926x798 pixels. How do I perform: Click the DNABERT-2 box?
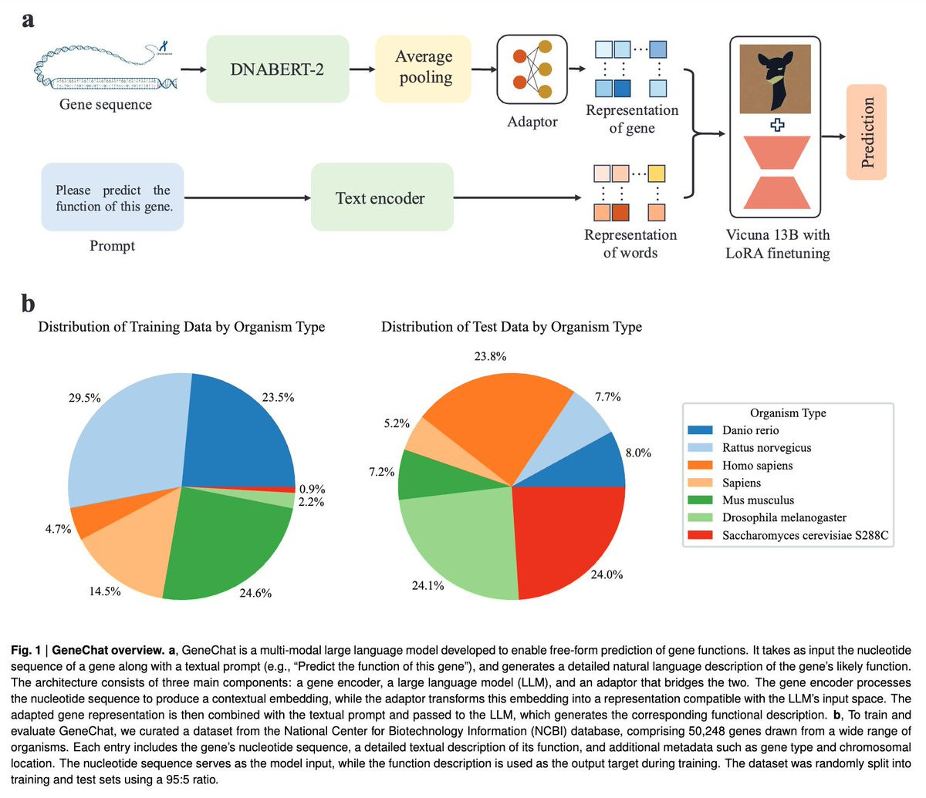277,69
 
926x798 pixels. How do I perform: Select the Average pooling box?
423,68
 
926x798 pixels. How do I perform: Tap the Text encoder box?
381,198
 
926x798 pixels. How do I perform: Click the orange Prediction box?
867,132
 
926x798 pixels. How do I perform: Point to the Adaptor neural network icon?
532,69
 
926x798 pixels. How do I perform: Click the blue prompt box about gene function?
113,197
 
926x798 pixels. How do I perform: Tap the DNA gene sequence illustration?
104,66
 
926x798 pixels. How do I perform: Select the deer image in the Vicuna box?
775,79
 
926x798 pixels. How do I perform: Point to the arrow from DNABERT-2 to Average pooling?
360,69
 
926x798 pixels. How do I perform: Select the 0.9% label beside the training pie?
312,489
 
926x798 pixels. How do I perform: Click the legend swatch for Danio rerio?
700,430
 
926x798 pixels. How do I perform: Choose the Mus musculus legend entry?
758,500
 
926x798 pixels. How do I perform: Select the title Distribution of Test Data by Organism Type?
511,327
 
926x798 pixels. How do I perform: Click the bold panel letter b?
28,304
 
